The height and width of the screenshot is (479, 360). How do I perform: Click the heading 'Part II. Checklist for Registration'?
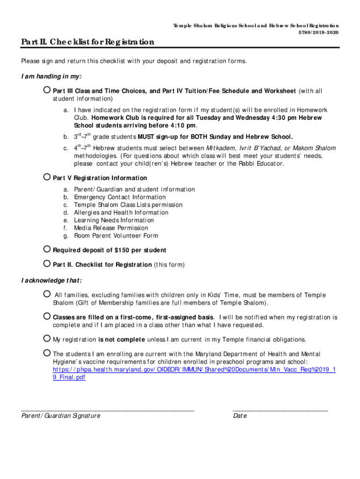point(87,43)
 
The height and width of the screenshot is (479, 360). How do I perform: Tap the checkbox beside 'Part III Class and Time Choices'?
point(47,90)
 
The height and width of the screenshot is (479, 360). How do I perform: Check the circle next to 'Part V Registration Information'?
point(47,177)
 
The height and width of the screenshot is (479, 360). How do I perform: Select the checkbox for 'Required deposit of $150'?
point(47,249)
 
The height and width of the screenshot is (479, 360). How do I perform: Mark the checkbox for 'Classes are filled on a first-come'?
point(47,316)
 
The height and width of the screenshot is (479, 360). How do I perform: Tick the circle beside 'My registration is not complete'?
point(47,339)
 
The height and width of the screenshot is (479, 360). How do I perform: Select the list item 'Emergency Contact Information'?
point(120,197)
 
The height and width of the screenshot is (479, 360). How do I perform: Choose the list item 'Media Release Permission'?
point(111,228)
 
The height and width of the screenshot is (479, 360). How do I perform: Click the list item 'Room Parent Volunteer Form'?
point(116,236)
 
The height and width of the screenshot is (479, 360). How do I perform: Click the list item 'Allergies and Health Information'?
point(121,213)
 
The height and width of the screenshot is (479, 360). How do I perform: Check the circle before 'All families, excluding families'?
point(47,294)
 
